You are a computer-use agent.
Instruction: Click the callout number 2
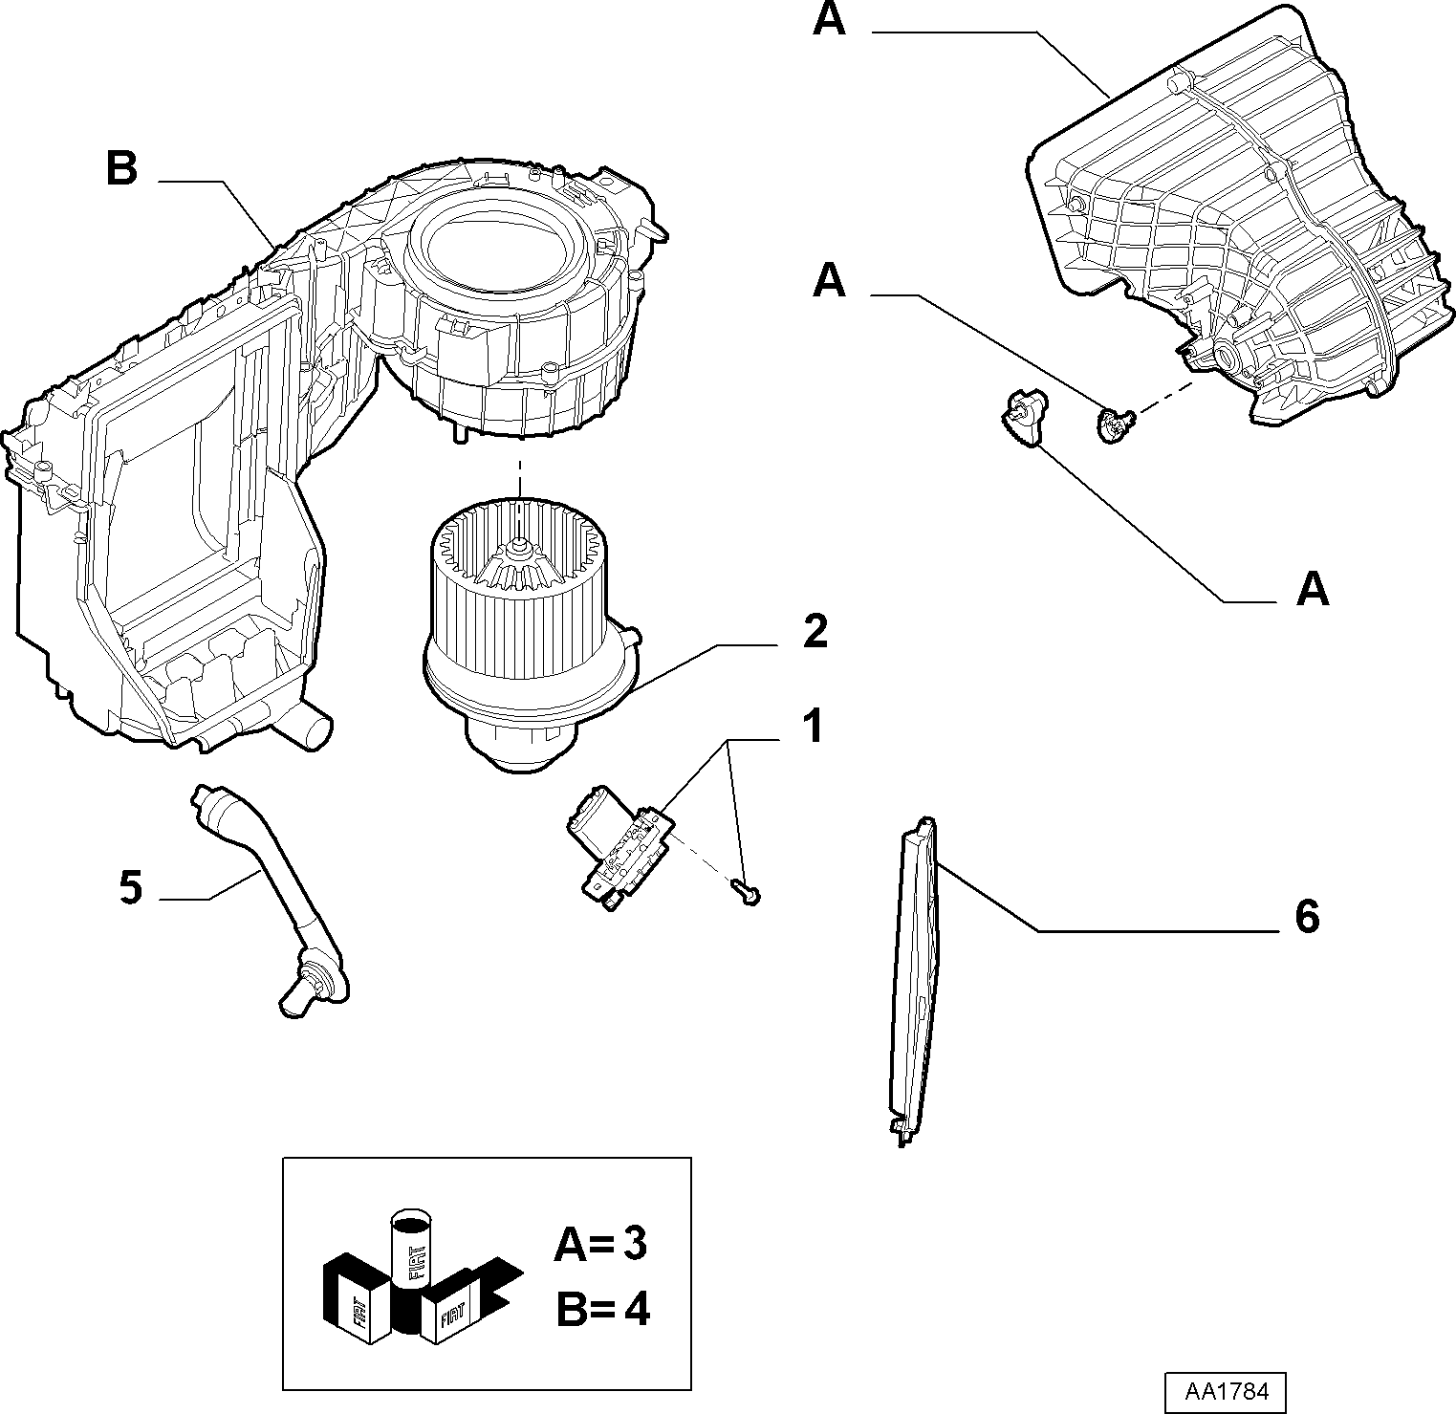815,632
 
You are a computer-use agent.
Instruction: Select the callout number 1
812,728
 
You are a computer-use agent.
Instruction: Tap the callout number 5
131,888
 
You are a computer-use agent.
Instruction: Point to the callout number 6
1307,917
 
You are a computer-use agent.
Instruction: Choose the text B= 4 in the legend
602,1309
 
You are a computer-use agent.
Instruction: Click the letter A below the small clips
1313,590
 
